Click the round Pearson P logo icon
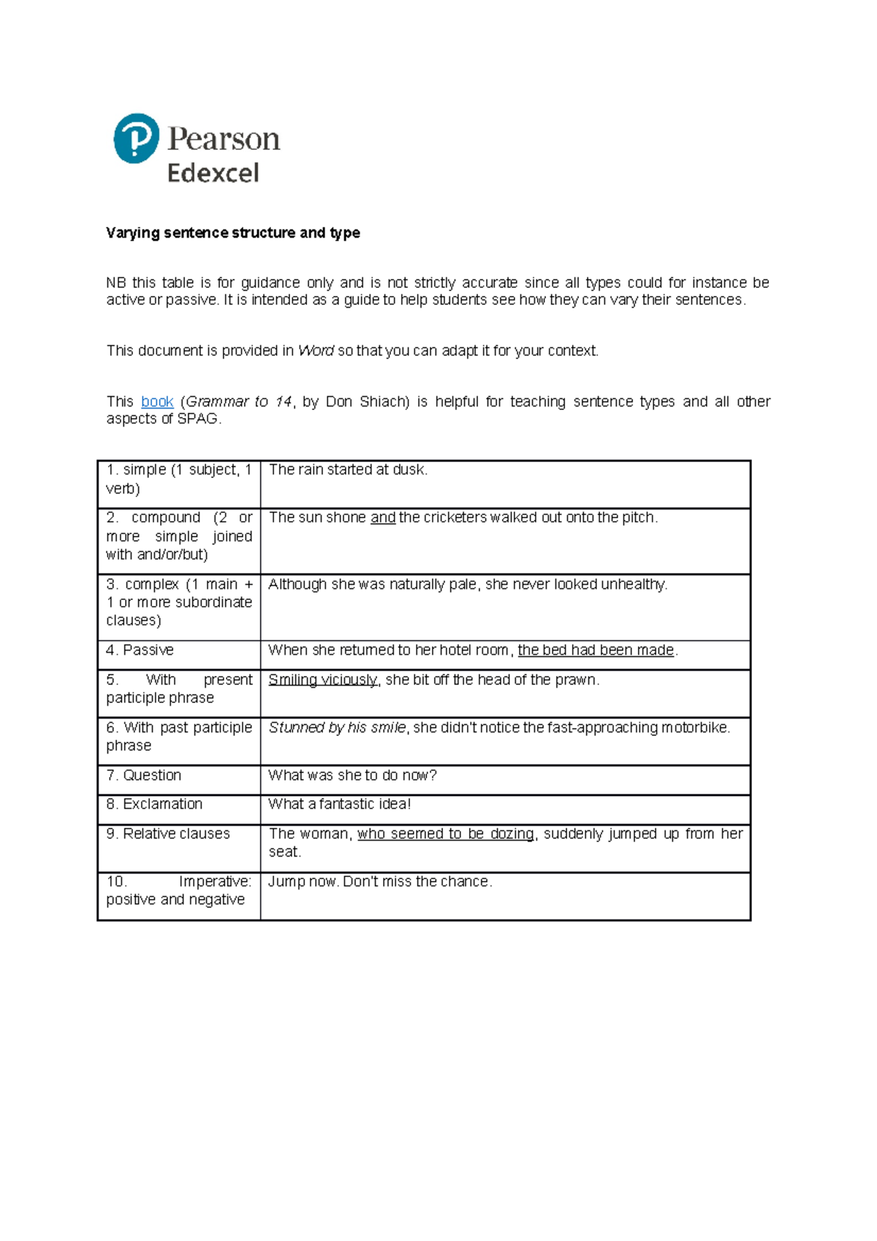137,138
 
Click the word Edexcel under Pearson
213,173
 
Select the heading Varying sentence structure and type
232,233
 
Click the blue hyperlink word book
157,402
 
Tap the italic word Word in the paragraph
316,351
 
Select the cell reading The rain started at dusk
348,470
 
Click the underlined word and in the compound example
383,517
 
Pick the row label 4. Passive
140,650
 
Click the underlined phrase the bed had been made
595,650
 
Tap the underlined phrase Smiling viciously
322,680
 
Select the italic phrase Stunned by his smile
337,728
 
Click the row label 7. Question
143,775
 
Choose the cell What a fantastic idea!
339,805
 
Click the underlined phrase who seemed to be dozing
446,834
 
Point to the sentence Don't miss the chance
417,882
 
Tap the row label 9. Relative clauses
168,834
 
